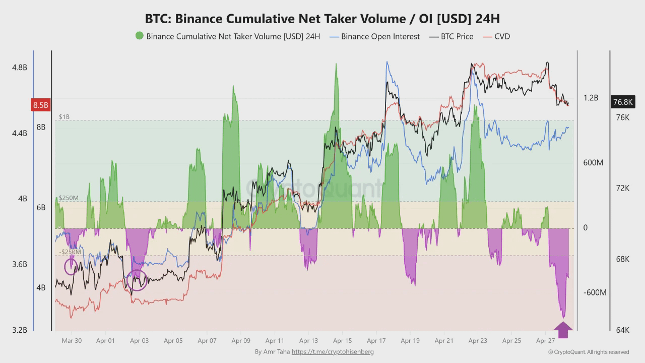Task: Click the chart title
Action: [322, 19]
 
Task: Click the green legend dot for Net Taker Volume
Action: [139, 36]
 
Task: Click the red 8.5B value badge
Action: [41, 105]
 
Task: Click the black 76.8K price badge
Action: [622, 102]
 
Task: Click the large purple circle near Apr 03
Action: [136, 280]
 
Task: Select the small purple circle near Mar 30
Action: [71, 266]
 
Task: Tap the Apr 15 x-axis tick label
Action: [342, 341]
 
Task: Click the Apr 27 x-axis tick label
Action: [545, 341]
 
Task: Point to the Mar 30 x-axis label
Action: [72, 341]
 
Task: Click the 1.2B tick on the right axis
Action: [591, 98]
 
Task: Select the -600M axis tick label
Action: [595, 293]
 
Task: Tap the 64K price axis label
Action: [623, 330]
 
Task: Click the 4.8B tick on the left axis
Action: [20, 68]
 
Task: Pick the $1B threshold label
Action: [64, 117]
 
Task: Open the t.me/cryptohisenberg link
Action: [333, 352]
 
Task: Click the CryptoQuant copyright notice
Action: [589, 352]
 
